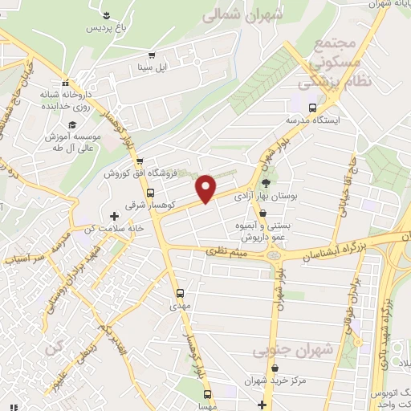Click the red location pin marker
[x=207, y=188]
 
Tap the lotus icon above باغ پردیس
[x=108, y=14]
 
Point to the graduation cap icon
[x=73, y=124]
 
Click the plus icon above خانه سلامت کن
[x=114, y=216]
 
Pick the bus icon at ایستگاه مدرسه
[x=312, y=107]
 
